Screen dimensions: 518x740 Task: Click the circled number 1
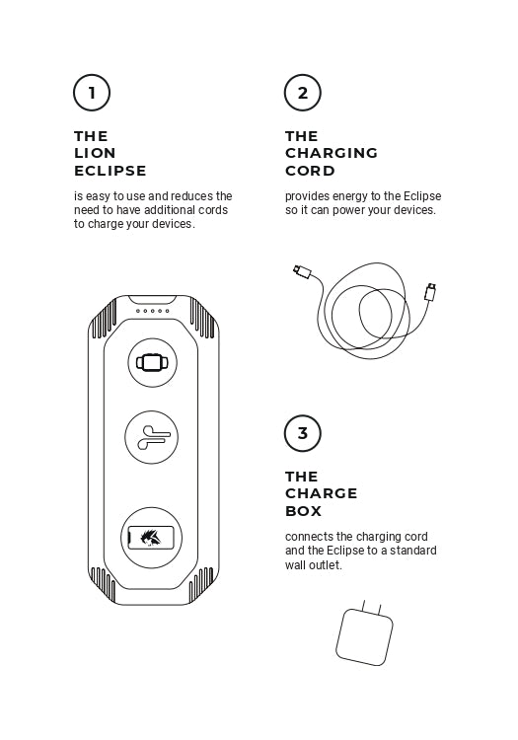tap(92, 93)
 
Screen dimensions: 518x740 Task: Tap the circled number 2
tap(302, 93)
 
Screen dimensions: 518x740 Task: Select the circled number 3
tap(302, 433)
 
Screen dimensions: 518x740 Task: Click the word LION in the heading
tap(95, 153)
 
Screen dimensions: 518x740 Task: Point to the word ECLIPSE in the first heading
tap(111, 171)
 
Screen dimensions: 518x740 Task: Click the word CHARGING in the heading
tap(332, 153)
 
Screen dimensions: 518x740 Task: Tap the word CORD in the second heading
tap(310, 171)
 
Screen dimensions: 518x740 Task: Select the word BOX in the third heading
tap(303, 511)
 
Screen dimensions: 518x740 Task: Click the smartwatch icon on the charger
tap(152, 362)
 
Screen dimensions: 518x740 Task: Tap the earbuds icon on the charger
tap(153, 437)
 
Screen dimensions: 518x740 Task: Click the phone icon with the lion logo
tap(151, 538)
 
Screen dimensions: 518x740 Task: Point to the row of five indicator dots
tap(152, 311)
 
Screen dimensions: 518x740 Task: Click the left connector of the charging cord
tap(302, 272)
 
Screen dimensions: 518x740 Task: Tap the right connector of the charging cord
tap(430, 292)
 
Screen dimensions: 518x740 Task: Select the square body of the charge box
tap(364, 637)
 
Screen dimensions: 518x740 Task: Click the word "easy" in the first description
tap(98, 196)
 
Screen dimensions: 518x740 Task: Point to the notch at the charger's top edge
tap(152, 300)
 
